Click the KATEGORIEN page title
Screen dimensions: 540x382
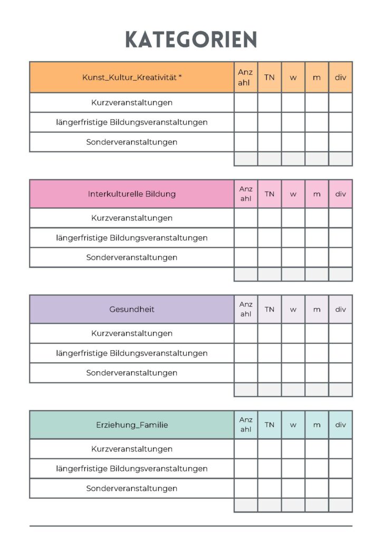pyautogui.click(x=191, y=40)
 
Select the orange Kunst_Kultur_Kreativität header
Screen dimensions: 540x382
pyautogui.click(x=132, y=77)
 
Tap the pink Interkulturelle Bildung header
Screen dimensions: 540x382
pyautogui.click(x=132, y=194)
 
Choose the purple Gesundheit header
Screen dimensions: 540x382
pyautogui.click(x=132, y=309)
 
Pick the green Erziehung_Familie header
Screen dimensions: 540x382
pyautogui.click(x=132, y=425)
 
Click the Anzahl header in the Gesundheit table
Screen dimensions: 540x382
pyautogui.click(x=246, y=309)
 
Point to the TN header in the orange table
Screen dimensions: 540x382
pyautogui.click(x=269, y=77)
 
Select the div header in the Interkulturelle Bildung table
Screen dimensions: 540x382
pyautogui.click(x=340, y=194)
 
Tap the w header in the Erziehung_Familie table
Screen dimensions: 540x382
pyautogui.click(x=293, y=425)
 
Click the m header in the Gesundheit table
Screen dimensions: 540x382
pyautogui.click(x=317, y=309)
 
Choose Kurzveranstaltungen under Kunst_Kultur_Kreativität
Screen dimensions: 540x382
pyautogui.click(x=132, y=102)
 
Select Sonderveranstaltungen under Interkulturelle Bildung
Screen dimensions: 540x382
pyautogui.click(x=132, y=257)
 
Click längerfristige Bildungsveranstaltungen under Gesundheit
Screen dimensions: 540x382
pyautogui.click(x=132, y=353)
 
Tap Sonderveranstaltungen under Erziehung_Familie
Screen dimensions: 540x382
pyautogui.click(x=132, y=488)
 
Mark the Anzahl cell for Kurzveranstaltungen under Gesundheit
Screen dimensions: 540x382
pyautogui.click(x=246, y=333)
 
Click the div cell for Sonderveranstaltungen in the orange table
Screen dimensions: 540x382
pyautogui.click(x=340, y=142)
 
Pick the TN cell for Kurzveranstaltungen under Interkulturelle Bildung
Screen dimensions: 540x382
pyautogui.click(x=269, y=218)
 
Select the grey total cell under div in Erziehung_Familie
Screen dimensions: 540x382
pyautogui.click(x=340, y=505)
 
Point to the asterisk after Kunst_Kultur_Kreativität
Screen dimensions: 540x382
pyautogui.click(x=180, y=76)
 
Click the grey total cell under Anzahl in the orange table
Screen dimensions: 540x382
pyautogui.click(x=246, y=159)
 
